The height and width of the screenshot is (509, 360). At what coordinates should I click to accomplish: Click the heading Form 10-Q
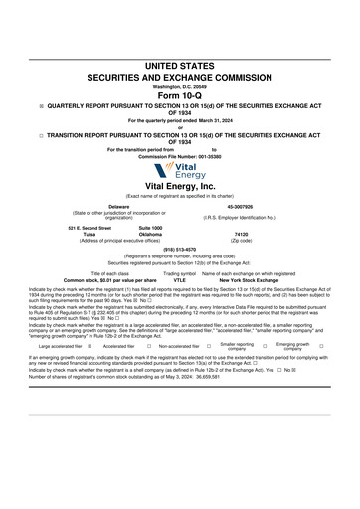pyautogui.click(x=179, y=95)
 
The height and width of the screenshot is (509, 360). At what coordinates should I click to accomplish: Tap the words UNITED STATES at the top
pyautogui.click(x=179, y=65)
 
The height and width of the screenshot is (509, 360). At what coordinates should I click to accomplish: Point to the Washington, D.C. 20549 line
pyautogui.click(x=179, y=86)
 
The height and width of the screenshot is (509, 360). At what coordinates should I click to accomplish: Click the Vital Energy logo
pyautogui.click(x=179, y=171)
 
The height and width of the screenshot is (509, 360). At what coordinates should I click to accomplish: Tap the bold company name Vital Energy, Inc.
pyautogui.click(x=179, y=186)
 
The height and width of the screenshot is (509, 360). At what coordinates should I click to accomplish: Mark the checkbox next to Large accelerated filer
pyautogui.click(x=90, y=346)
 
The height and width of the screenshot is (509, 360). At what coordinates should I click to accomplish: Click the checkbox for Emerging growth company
pyautogui.click(x=321, y=346)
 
